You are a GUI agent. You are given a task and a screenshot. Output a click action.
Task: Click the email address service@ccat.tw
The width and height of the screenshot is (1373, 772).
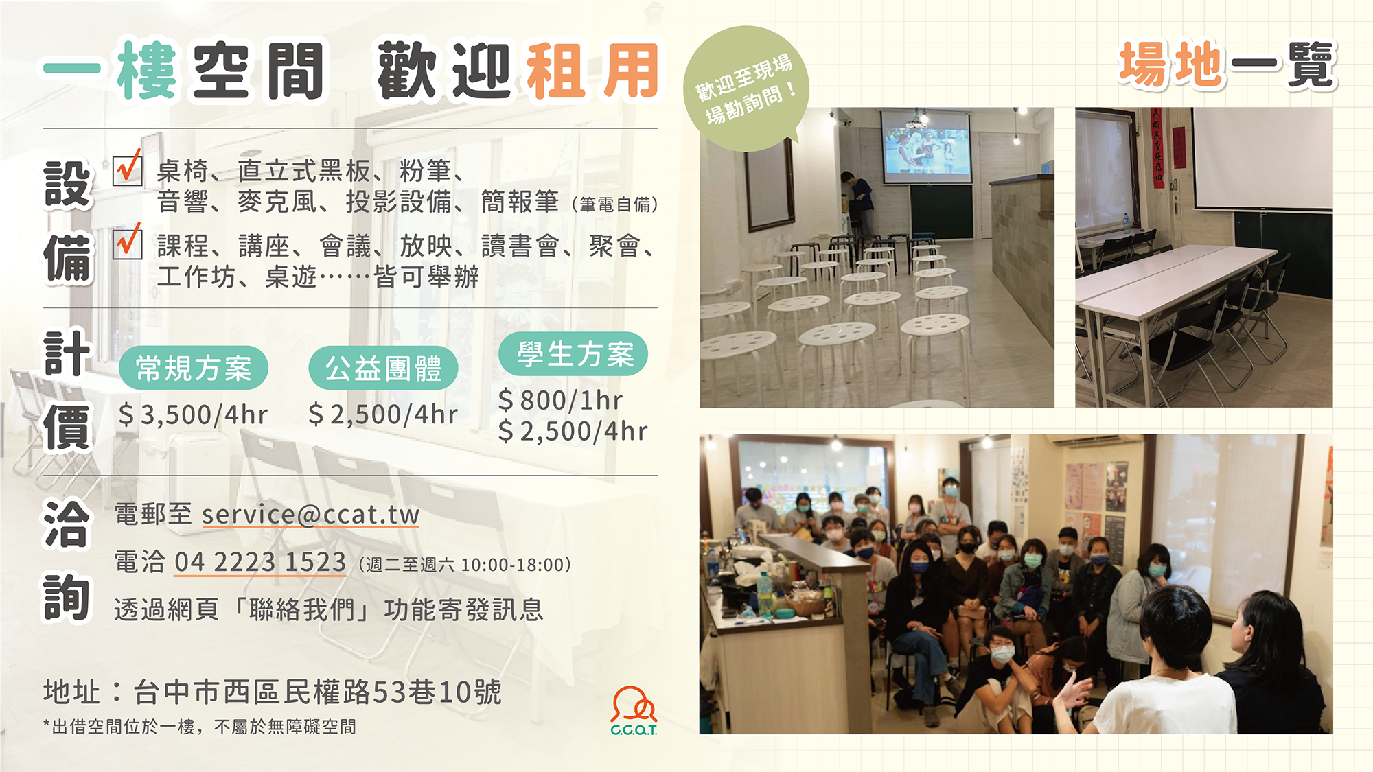click(x=310, y=515)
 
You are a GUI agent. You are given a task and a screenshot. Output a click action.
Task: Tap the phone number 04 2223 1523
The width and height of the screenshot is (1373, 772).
click(x=260, y=562)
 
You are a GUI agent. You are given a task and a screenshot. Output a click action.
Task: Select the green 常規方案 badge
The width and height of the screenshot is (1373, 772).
click(x=194, y=368)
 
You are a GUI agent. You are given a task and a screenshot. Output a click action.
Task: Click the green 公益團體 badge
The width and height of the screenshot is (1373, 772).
click(x=383, y=368)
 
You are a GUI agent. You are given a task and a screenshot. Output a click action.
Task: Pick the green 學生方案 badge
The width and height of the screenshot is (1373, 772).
click(x=573, y=354)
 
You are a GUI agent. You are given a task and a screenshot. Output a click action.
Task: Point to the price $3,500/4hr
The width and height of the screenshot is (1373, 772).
click(x=193, y=415)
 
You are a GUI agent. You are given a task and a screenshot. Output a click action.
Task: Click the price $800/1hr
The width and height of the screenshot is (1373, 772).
click(x=560, y=400)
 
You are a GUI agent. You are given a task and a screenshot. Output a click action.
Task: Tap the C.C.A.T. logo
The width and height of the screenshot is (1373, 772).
click(x=634, y=711)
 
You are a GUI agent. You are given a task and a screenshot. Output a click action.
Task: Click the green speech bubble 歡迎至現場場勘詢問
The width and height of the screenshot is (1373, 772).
click(x=747, y=89)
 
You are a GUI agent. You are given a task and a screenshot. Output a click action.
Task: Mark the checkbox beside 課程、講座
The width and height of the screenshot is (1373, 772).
click(x=128, y=244)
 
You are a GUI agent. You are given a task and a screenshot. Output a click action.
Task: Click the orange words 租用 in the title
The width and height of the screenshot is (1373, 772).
click(x=592, y=71)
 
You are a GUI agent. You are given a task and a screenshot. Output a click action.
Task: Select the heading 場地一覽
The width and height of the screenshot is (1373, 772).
click(x=1228, y=65)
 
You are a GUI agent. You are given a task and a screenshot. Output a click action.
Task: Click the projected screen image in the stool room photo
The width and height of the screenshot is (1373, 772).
click(x=927, y=146)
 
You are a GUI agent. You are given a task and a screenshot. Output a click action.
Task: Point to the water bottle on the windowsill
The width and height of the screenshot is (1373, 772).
click(x=1127, y=223)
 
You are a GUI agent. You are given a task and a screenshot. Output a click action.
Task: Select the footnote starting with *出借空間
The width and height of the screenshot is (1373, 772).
click(x=199, y=727)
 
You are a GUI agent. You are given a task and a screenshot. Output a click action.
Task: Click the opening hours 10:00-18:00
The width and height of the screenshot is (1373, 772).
click(x=513, y=565)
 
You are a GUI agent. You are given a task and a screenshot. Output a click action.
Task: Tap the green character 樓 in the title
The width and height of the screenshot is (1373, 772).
click(x=146, y=71)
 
